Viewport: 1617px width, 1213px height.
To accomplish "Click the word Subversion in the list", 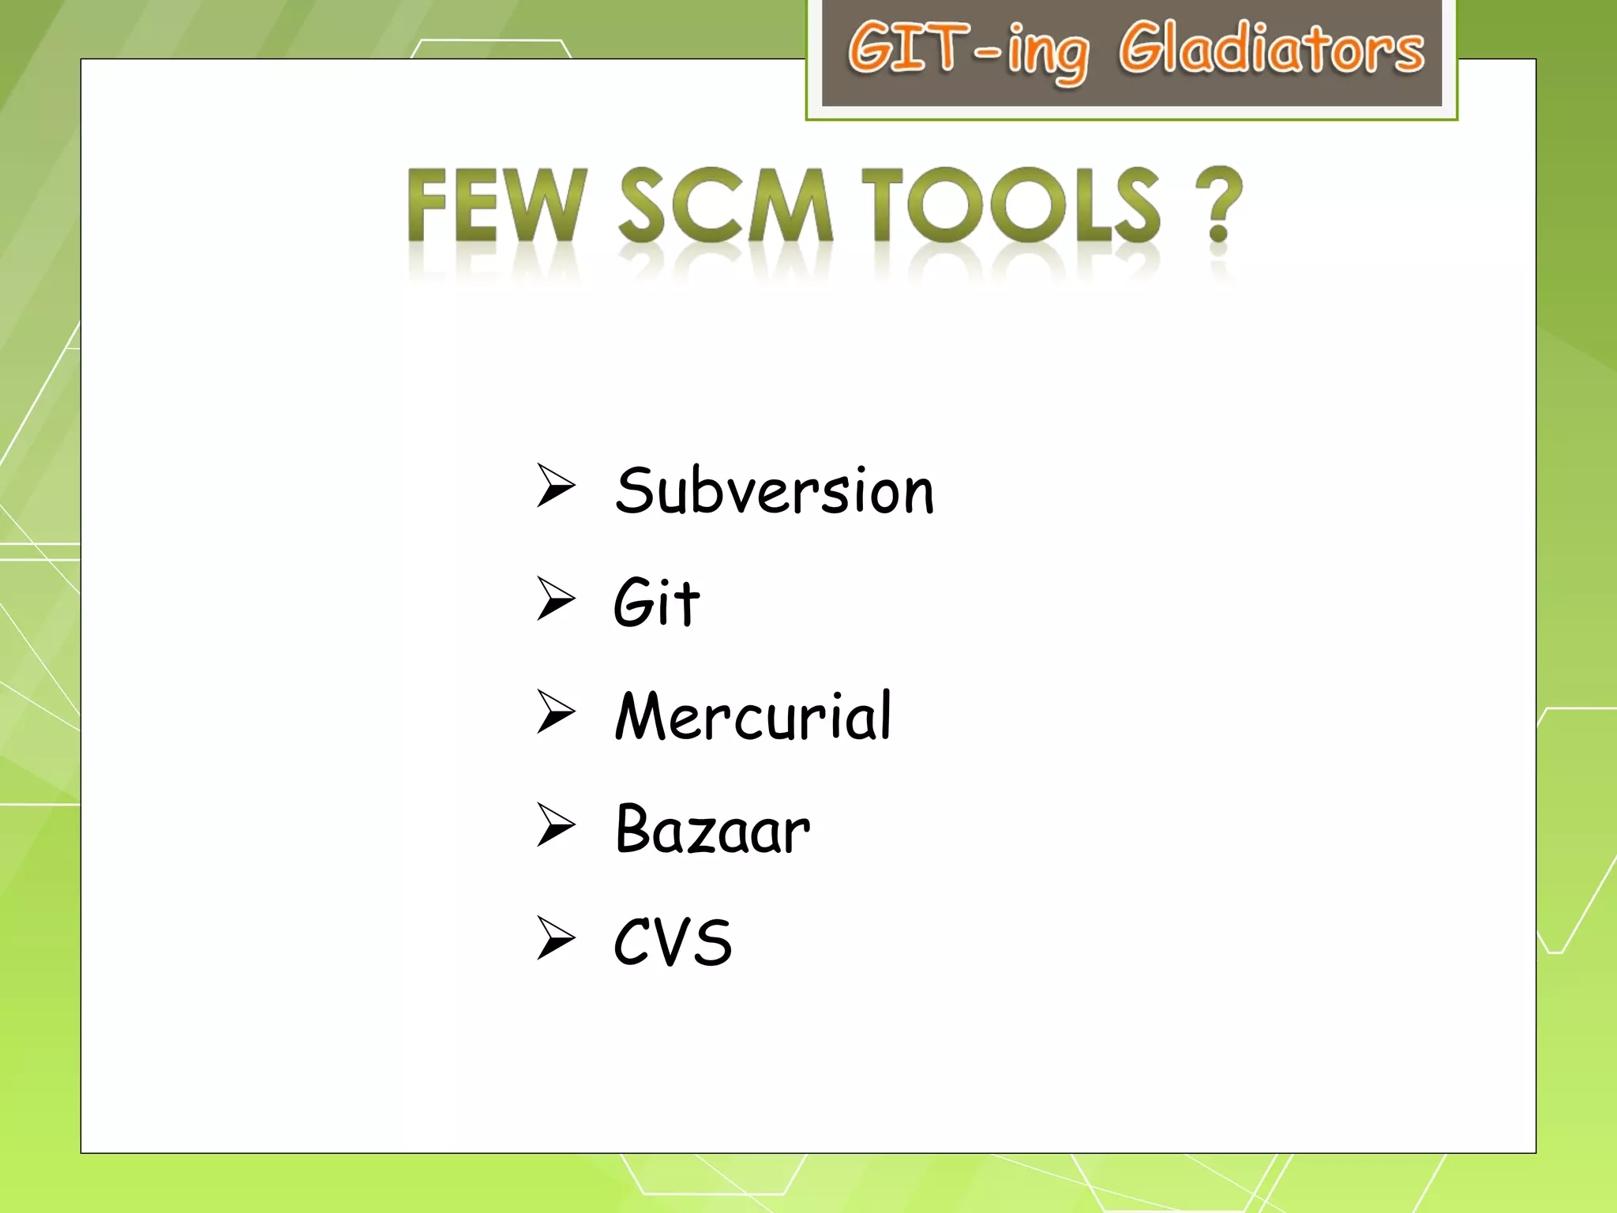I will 775,491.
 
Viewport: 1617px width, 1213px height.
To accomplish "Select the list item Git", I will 656,603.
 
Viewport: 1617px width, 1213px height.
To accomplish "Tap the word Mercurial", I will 753,715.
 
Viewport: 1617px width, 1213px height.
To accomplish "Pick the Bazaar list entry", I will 712,829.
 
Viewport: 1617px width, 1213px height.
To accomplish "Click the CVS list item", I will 673,941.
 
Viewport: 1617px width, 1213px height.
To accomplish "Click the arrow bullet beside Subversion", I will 556,486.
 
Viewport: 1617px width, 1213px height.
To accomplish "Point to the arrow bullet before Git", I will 556,599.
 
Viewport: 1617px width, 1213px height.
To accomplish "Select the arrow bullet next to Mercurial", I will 556,712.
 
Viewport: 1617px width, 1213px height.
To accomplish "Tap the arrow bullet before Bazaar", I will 556,824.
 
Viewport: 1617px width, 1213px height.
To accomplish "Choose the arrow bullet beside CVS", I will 556,937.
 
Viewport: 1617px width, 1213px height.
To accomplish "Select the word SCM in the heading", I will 725,205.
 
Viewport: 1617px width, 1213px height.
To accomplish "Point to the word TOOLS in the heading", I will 1011,205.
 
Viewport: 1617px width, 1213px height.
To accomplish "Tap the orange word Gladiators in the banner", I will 1271,49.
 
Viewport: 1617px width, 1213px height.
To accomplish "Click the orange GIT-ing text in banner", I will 968,51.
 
